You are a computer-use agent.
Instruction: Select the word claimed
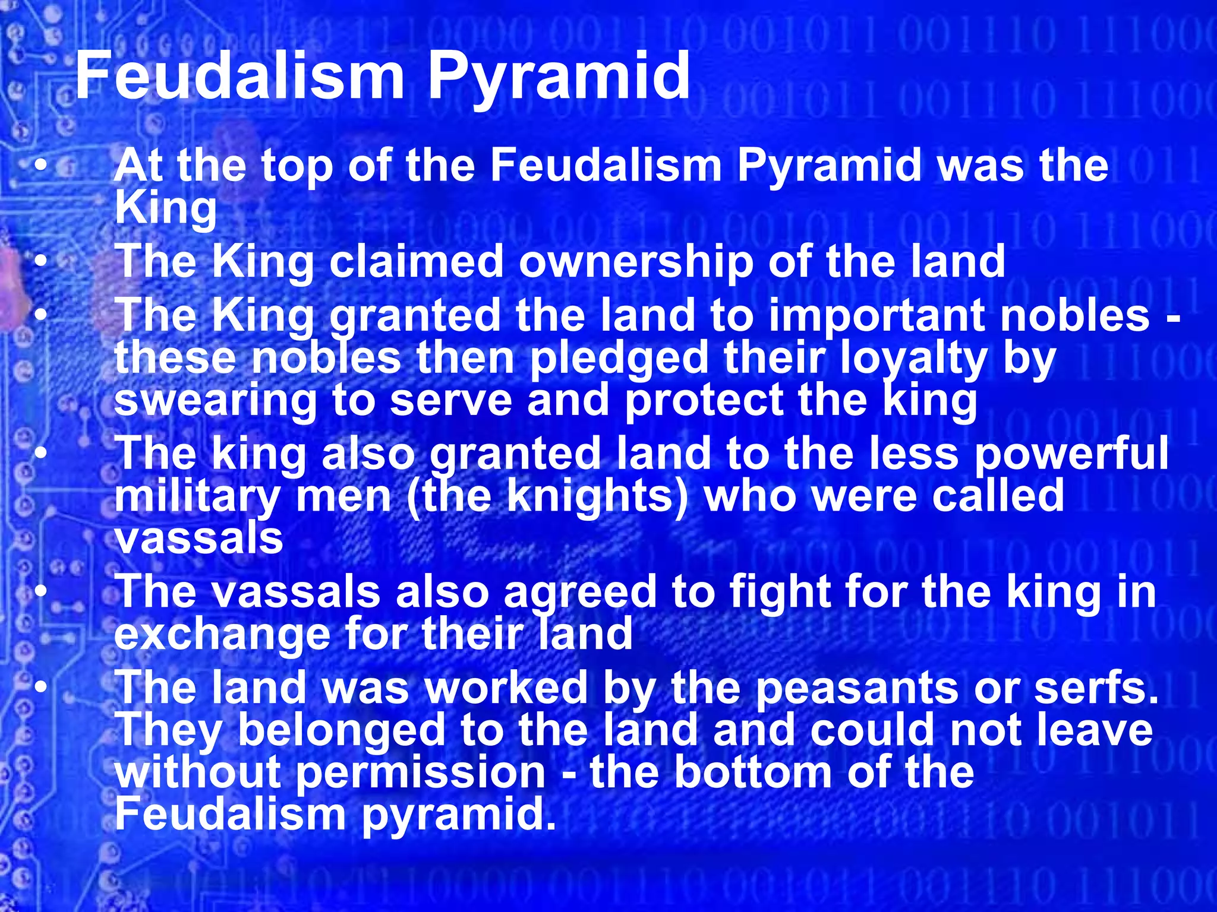click(416, 262)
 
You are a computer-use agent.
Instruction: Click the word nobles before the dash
click(1075, 315)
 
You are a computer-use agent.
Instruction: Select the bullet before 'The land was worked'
click(40, 687)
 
